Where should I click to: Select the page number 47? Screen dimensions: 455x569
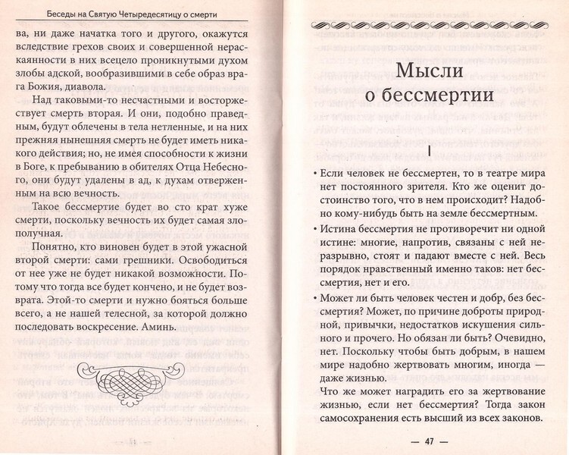coord(429,441)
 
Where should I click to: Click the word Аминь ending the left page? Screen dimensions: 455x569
coord(158,327)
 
